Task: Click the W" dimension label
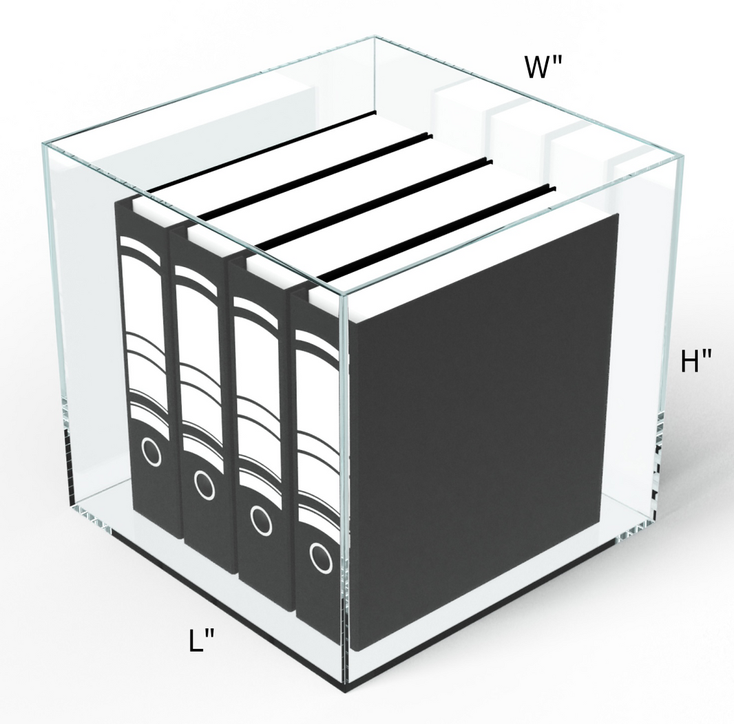click(x=543, y=67)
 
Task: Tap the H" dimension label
click(x=695, y=361)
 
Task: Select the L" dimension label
click(x=202, y=641)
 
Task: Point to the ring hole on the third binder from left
click(x=260, y=520)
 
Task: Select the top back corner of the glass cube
click(x=373, y=38)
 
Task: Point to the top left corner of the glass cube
click(x=44, y=143)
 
